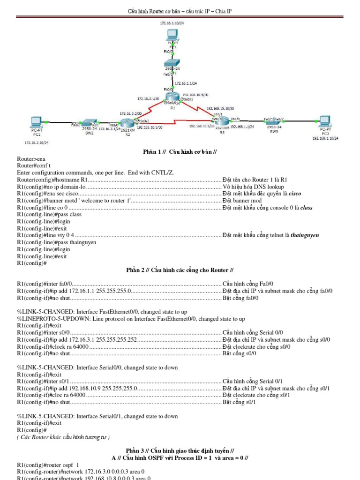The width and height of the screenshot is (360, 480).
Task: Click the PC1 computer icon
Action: [172, 35]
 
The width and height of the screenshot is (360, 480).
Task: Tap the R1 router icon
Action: [172, 97]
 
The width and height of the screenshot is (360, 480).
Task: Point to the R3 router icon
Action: [222, 120]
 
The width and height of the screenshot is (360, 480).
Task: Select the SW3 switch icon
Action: [274, 121]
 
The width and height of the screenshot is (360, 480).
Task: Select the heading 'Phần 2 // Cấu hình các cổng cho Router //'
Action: [180, 270]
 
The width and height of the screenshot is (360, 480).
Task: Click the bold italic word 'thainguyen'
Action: [305, 235]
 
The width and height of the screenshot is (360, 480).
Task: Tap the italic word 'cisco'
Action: [295, 193]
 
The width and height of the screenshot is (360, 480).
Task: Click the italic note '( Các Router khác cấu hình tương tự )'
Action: [63, 437]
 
